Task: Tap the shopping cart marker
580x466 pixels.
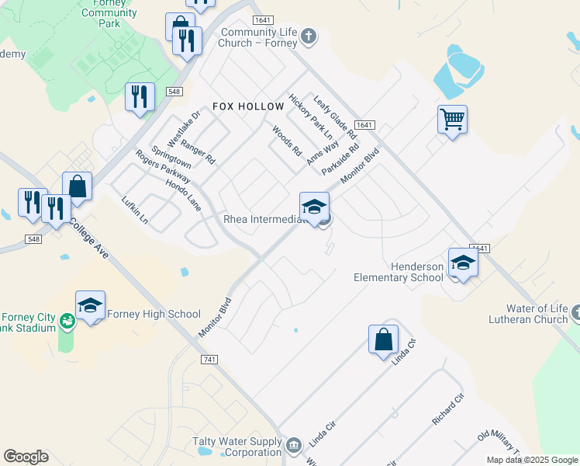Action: (x=452, y=120)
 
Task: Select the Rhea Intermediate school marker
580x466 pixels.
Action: (x=314, y=207)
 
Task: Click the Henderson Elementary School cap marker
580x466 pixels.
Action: (x=463, y=263)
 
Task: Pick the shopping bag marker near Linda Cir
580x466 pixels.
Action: (x=383, y=339)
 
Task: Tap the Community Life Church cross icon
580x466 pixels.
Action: (x=309, y=36)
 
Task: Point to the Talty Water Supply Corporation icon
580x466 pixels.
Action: (x=294, y=445)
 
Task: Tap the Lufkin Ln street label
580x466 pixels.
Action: (x=134, y=210)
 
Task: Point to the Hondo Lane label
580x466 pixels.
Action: (x=183, y=195)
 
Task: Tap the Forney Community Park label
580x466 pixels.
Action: (x=109, y=13)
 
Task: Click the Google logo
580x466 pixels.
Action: (x=26, y=457)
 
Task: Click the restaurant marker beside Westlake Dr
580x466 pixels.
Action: (x=140, y=96)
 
